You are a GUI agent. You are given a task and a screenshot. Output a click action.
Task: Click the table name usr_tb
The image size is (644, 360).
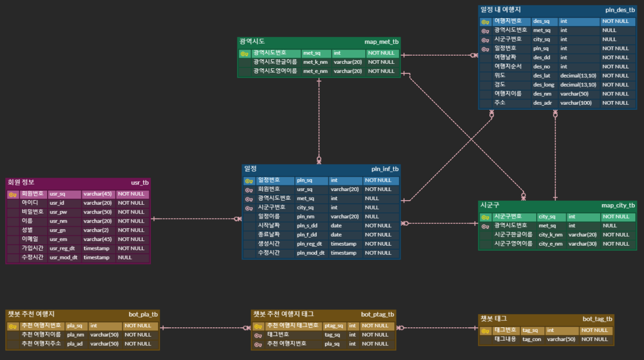point(140,183)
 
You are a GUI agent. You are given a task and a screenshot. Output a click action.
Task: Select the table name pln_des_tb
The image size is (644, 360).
point(620,10)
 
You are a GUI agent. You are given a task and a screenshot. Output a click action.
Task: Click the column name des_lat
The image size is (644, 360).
point(542,76)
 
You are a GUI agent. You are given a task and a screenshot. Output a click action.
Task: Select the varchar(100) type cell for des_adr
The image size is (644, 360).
point(576,103)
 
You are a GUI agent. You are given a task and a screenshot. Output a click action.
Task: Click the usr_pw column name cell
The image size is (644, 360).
point(57,212)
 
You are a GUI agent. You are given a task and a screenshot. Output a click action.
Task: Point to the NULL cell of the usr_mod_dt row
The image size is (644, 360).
point(125,258)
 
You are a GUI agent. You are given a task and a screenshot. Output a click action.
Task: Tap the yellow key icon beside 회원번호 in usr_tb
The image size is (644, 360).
point(13,194)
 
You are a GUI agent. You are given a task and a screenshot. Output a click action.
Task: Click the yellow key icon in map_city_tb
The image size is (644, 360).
point(485,217)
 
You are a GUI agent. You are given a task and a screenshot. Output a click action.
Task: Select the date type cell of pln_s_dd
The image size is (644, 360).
point(336,225)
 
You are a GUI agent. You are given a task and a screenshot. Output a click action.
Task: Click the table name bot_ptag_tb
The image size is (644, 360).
point(377,315)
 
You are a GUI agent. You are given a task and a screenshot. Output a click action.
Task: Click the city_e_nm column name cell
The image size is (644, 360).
point(550,244)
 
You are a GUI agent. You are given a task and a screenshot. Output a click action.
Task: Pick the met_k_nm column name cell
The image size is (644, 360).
point(315,62)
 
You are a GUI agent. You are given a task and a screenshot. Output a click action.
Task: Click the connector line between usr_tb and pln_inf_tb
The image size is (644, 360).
point(193,219)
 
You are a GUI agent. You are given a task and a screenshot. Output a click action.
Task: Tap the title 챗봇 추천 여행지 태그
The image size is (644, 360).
point(283,314)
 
